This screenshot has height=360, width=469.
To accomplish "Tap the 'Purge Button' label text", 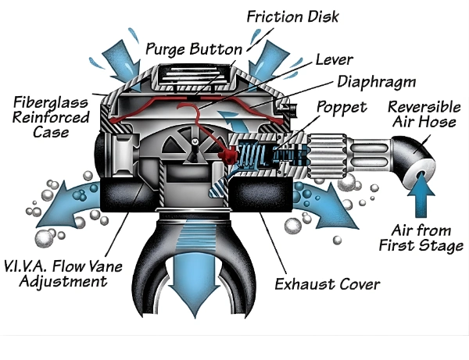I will [194, 48].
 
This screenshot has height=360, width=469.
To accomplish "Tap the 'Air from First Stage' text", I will [426, 237].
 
